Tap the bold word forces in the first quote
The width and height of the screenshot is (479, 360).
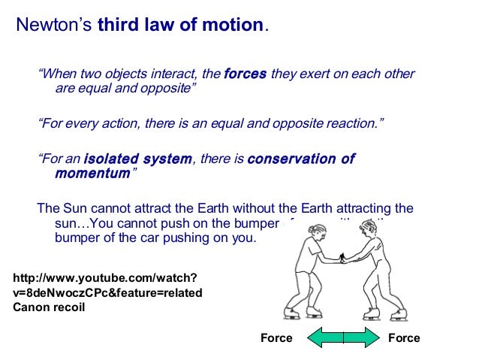pos(245,74)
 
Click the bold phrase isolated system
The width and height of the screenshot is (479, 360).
pos(138,159)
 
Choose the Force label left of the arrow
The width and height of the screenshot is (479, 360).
pos(276,338)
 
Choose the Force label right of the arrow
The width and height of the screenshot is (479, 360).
pos(404,338)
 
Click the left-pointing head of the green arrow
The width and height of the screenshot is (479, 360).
pos(312,337)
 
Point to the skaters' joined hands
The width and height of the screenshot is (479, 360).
pos(344,259)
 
